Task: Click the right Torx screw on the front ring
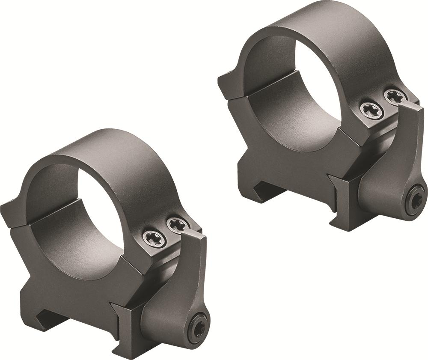coord(178,224)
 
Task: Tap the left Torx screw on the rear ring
coord(371,110)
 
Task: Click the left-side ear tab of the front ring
coord(11,214)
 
